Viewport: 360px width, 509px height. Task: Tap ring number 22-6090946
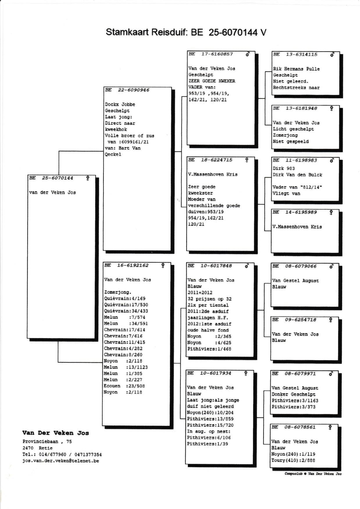[133, 90]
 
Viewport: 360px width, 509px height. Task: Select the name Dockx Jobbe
[120, 104]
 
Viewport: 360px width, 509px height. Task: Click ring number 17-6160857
[217, 54]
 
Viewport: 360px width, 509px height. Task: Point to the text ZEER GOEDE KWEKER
[212, 81]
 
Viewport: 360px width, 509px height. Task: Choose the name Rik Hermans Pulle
[296, 69]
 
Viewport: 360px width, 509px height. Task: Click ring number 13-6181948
[301, 108]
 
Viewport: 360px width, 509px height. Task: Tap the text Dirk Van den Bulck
[297, 175]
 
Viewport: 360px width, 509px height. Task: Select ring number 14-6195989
[301, 212]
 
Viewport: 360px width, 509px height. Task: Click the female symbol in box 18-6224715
[247, 160]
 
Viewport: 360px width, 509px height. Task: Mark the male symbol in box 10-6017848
[247, 266]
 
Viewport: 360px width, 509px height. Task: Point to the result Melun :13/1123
[126, 367]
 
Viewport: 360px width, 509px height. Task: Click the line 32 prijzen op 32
[209, 299]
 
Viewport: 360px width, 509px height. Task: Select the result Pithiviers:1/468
[209, 349]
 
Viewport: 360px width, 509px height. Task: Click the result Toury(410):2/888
[293, 460]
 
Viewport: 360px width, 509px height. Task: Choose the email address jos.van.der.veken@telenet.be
[61, 461]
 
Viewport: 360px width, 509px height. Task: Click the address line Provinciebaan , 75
[47, 442]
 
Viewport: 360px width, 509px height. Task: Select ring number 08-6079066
[300, 266]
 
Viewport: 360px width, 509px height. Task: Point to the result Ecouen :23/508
[124, 386]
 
